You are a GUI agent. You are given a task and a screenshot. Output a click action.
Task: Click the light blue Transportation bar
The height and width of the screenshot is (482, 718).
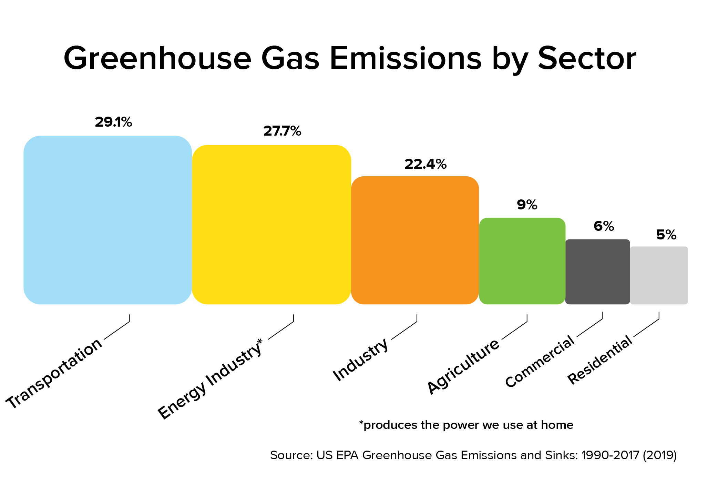point(107,220)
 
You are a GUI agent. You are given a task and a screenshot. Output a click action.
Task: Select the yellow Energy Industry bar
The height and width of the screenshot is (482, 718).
point(271,225)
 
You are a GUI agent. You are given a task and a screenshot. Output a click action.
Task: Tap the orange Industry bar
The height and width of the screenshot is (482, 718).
point(415,240)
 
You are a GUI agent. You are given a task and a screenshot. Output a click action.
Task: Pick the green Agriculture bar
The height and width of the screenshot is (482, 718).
point(522,261)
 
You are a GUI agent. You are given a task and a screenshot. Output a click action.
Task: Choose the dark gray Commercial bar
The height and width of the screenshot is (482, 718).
point(598,272)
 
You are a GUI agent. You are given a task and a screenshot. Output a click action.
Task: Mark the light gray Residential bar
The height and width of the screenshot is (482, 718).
point(659,275)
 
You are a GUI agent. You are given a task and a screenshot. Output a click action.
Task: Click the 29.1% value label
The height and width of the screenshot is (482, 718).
point(113,122)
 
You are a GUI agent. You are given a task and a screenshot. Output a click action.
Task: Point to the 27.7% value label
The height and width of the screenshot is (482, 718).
point(282,131)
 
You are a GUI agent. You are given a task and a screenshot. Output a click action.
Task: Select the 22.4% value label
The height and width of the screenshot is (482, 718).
point(425,164)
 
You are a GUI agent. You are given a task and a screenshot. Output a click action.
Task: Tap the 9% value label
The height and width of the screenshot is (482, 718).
point(527,205)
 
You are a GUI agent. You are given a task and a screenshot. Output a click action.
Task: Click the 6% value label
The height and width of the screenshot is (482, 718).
point(604,226)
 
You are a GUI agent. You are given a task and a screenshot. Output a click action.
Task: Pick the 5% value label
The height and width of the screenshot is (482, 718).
point(666,235)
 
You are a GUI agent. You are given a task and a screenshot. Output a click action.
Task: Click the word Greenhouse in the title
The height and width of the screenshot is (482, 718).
point(158,58)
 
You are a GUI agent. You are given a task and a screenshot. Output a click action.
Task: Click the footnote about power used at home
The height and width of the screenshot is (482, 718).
point(466,425)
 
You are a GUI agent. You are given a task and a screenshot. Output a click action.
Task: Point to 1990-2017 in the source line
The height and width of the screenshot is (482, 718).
point(610,455)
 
